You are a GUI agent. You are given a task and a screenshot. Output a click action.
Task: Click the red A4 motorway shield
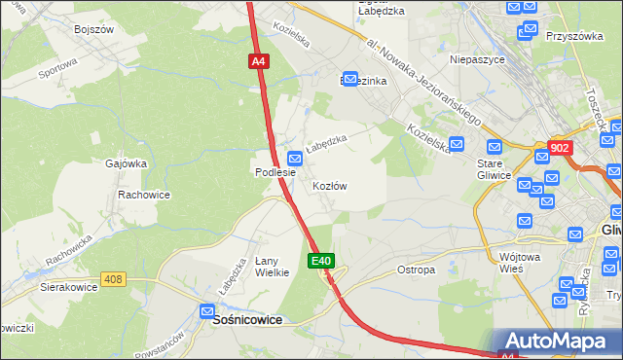coord(257,61)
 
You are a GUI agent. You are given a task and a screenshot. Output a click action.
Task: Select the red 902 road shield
coord(560,148)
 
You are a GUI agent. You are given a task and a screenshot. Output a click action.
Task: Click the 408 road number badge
coord(114,280)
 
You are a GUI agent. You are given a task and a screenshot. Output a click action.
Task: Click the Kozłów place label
coord(330,185)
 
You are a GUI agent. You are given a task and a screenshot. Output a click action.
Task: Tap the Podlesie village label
coord(275,172)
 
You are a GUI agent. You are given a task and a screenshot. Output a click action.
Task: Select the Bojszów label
coord(94,29)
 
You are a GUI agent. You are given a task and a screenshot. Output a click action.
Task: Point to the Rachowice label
coord(144,195)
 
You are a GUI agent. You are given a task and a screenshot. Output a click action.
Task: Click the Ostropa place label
coord(416,270)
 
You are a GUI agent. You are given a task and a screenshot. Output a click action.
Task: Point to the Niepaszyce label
coord(476,59)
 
